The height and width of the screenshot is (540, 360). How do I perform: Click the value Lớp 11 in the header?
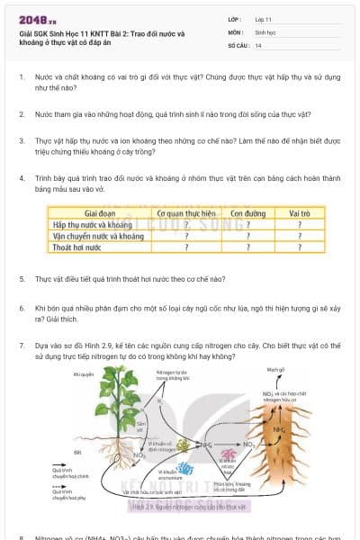click(x=263, y=19)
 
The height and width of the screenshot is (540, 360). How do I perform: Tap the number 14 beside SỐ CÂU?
click(x=258, y=44)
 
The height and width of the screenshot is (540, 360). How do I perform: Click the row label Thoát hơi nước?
click(x=75, y=246)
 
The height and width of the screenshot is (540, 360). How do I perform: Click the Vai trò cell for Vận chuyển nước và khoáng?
click(x=299, y=235)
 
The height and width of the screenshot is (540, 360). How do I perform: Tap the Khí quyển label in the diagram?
click(x=82, y=374)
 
